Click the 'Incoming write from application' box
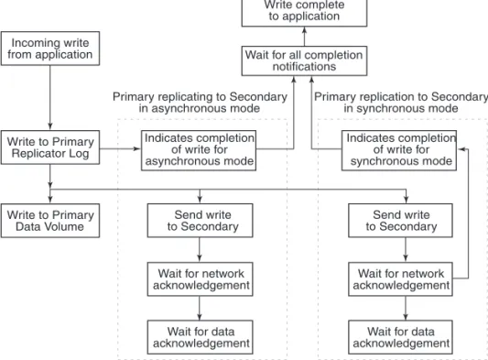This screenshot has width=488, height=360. point(50,49)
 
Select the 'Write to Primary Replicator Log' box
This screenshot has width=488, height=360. point(50,147)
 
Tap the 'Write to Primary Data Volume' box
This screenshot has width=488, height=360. point(50,221)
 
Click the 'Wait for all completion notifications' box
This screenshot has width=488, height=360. point(304,60)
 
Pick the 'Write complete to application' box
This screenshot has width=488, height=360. point(304,13)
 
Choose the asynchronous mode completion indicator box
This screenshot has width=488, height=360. point(199,150)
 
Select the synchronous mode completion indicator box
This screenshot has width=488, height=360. point(399,150)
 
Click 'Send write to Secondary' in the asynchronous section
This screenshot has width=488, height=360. point(201,221)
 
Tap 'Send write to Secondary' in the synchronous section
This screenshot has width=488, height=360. point(400,221)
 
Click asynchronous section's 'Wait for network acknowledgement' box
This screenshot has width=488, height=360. point(201,279)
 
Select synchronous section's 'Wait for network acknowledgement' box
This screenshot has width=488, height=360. point(400,279)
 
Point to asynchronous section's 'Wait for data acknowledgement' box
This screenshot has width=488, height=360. point(201,337)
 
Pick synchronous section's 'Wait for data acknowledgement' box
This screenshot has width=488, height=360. point(400,337)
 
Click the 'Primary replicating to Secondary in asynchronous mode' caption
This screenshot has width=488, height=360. point(200,103)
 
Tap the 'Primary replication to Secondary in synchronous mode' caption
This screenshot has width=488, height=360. point(401,103)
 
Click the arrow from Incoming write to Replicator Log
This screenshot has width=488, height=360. point(50,98)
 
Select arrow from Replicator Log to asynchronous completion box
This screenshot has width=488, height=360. point(120,148)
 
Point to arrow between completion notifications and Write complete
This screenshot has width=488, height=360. point(304,37)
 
